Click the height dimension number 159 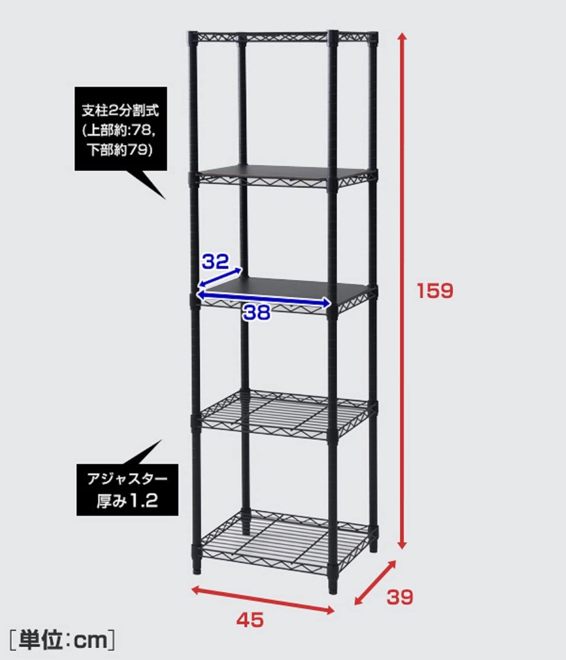coord(435,291)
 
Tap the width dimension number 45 coord(250,620)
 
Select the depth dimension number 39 coord(400,597)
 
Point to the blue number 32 coord(215,262)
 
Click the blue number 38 coord(256,313)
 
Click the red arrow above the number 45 coord(263,600)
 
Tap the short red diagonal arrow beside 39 coord(375,582)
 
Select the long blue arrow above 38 coord(264,299)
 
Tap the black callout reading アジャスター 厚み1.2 coord(127,490)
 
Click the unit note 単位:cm coord(62,640)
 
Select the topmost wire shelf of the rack coord(283,37)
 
